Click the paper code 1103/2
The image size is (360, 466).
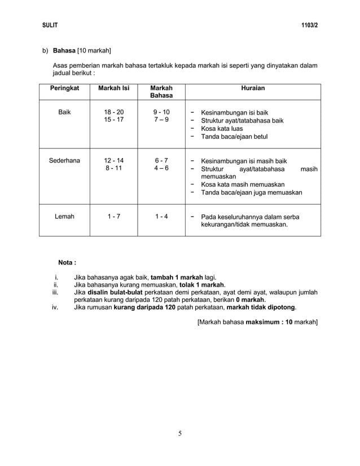pyautogui.click(x=309, y=25)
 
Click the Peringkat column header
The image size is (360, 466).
pyautogui.click(x=64, y=89)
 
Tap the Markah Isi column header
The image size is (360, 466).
pyautogui.click(x=113, y=89)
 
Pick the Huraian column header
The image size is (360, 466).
pyautogui.click(x=252, y=89)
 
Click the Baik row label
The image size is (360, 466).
pyautogui.click(x=64, y=112)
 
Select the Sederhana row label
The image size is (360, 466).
pyautogui.click(x=64, y=161)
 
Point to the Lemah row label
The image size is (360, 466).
pyautogui.click(x=64, y=216)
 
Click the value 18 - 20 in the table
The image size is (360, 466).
pyautogui.click(x=113, y=112)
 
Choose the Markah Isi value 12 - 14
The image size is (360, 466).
pyautogui.click(x=113, y=161)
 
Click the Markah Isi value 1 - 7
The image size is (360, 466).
pyautogui.click(x=113, y=216)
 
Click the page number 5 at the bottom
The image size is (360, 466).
pyautogui.click(x=180, y=433)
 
